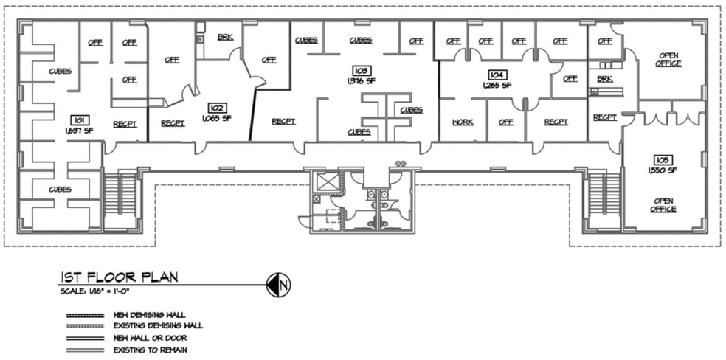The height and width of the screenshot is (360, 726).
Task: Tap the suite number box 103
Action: coord(361,71)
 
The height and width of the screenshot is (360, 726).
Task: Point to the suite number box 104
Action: coord(496,75)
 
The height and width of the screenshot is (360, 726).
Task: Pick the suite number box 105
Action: coord(662,160)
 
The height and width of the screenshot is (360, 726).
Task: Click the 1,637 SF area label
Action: coord(77,130)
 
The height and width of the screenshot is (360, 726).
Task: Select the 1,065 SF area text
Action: coord(216,118)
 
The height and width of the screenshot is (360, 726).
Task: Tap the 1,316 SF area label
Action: coord(361,81)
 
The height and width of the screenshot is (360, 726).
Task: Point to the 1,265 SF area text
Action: coord(496,86)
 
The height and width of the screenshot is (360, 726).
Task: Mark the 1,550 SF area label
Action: coord(662,170)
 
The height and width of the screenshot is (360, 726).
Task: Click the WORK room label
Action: coord(463,122)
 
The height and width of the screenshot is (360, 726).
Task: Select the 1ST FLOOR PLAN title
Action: coord(118,278)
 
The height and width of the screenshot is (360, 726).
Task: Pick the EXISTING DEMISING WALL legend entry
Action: coord(157,325)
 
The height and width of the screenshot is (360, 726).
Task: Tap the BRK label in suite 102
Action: coord(225,36)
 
